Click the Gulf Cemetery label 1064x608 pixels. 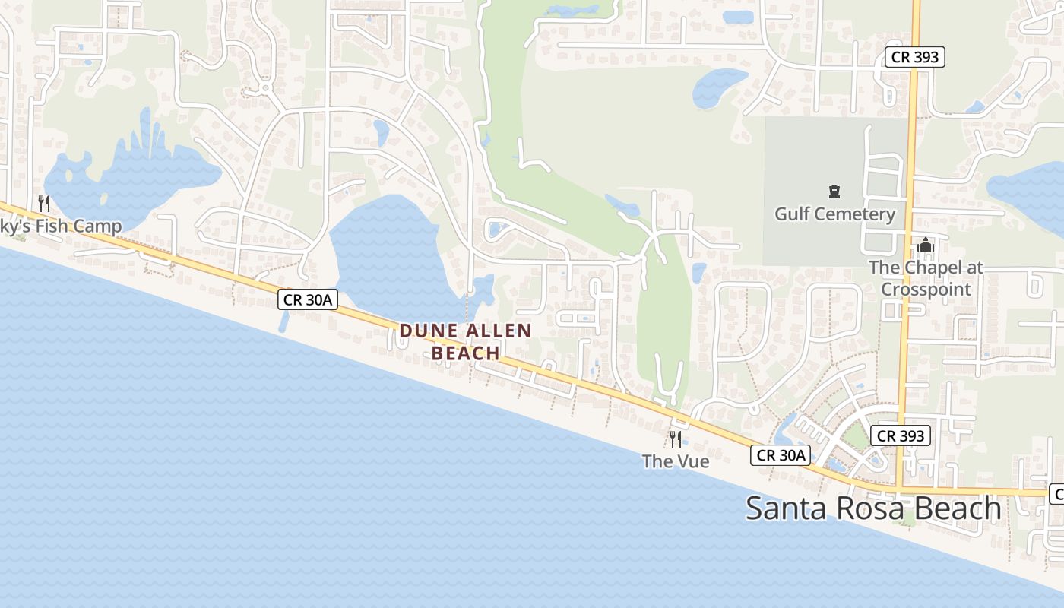pyautogui.click(x=834, y=214)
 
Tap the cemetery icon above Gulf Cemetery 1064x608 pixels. pyautogui.click(x=834, y=192)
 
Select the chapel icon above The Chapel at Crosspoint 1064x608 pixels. pyautogui.click(x=926, y=245)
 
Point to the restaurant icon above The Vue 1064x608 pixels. pyautogui.click(x=675, y=439)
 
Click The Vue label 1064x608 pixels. pyautogui.click(x=675, y=461)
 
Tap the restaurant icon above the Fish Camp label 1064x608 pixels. pyautogui.click(x=44, y=203)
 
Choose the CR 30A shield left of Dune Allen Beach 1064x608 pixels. pyautogui.click(x=307, y=299)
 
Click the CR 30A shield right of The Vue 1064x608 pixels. pyautogui.click(x=781, y=455)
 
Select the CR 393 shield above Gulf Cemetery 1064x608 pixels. pyautogui.click(x=915, y=56)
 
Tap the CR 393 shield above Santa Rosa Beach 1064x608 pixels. pyautogui.click(x=901, y=435)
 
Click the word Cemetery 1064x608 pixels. pyautogui.click(x=857, y=214)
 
